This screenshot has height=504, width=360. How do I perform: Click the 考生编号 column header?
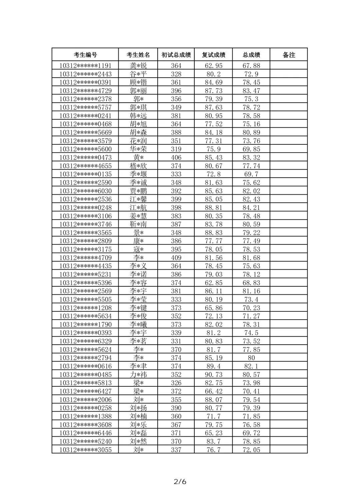[85, 55]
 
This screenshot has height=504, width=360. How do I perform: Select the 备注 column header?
[289, 55]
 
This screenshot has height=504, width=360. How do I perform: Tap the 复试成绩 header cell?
[213, 55]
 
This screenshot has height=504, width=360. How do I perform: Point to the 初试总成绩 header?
[176, 55]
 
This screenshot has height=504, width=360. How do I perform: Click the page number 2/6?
[180, 481]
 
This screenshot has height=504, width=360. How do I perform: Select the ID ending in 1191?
[85, 66]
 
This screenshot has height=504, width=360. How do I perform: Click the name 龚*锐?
[138, 66]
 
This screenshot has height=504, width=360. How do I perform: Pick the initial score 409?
[176, 258]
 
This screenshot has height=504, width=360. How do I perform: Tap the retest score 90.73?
[213, 375]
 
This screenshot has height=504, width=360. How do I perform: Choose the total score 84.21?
[251, 208]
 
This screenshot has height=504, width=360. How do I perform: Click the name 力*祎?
[138, 375]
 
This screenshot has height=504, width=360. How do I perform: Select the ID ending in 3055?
[85, 450]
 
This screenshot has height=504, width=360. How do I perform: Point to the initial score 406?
[176, 157]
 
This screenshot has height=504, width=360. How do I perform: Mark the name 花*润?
[138, 141]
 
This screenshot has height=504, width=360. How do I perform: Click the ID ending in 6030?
[85, 191]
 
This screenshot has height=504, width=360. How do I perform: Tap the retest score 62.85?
[213, 283]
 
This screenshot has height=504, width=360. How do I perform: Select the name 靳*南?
[138, 224]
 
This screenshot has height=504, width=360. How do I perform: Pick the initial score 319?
[176, 149]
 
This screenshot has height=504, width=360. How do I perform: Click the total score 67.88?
[251, 66]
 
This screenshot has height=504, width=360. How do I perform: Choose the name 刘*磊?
[138, 433]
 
